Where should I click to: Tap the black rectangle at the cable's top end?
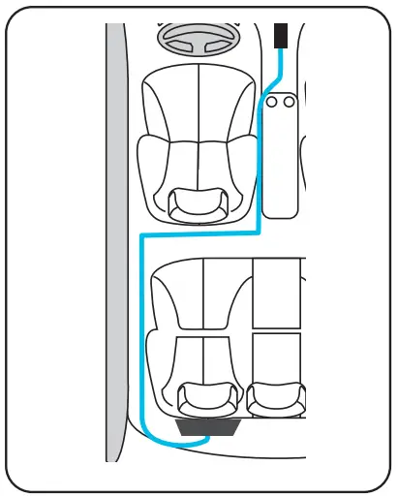click(282, 36)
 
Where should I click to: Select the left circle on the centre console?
click(273, 100)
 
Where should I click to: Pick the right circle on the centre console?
click(288, 100)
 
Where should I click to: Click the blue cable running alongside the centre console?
click(260, 165)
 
